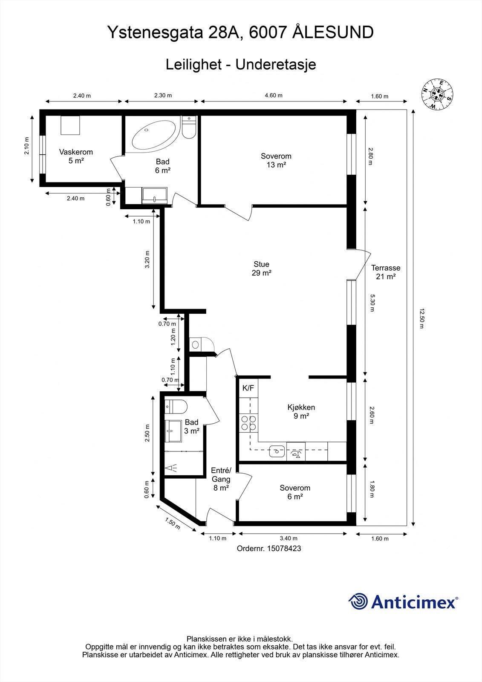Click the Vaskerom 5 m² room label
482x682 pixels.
click(x=76, y=156)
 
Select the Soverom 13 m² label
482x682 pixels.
click(x=276, y=160)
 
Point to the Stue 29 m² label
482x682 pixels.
click(x=261, y=269)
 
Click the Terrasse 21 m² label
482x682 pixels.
click(x=385, y=272)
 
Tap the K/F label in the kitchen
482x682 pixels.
click(x=248, y=388)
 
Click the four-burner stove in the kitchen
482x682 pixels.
click(x=249, y=422)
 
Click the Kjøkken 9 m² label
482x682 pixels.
click(x=301, y=411)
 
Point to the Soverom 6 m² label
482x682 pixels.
click(x=294, y=492)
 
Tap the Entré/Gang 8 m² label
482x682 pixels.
click(x=221, y=479)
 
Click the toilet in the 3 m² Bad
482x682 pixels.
click(x=175, y=407)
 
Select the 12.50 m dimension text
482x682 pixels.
click(x=421, y=318)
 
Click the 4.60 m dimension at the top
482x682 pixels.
click(x=273, y=95)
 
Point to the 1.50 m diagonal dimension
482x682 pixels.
click(x=173, y=523)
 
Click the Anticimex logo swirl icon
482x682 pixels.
click(x=358, y=601)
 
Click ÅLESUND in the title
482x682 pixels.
click(x=334, y=32)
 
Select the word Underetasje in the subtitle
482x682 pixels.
click(x=275, y=65)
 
